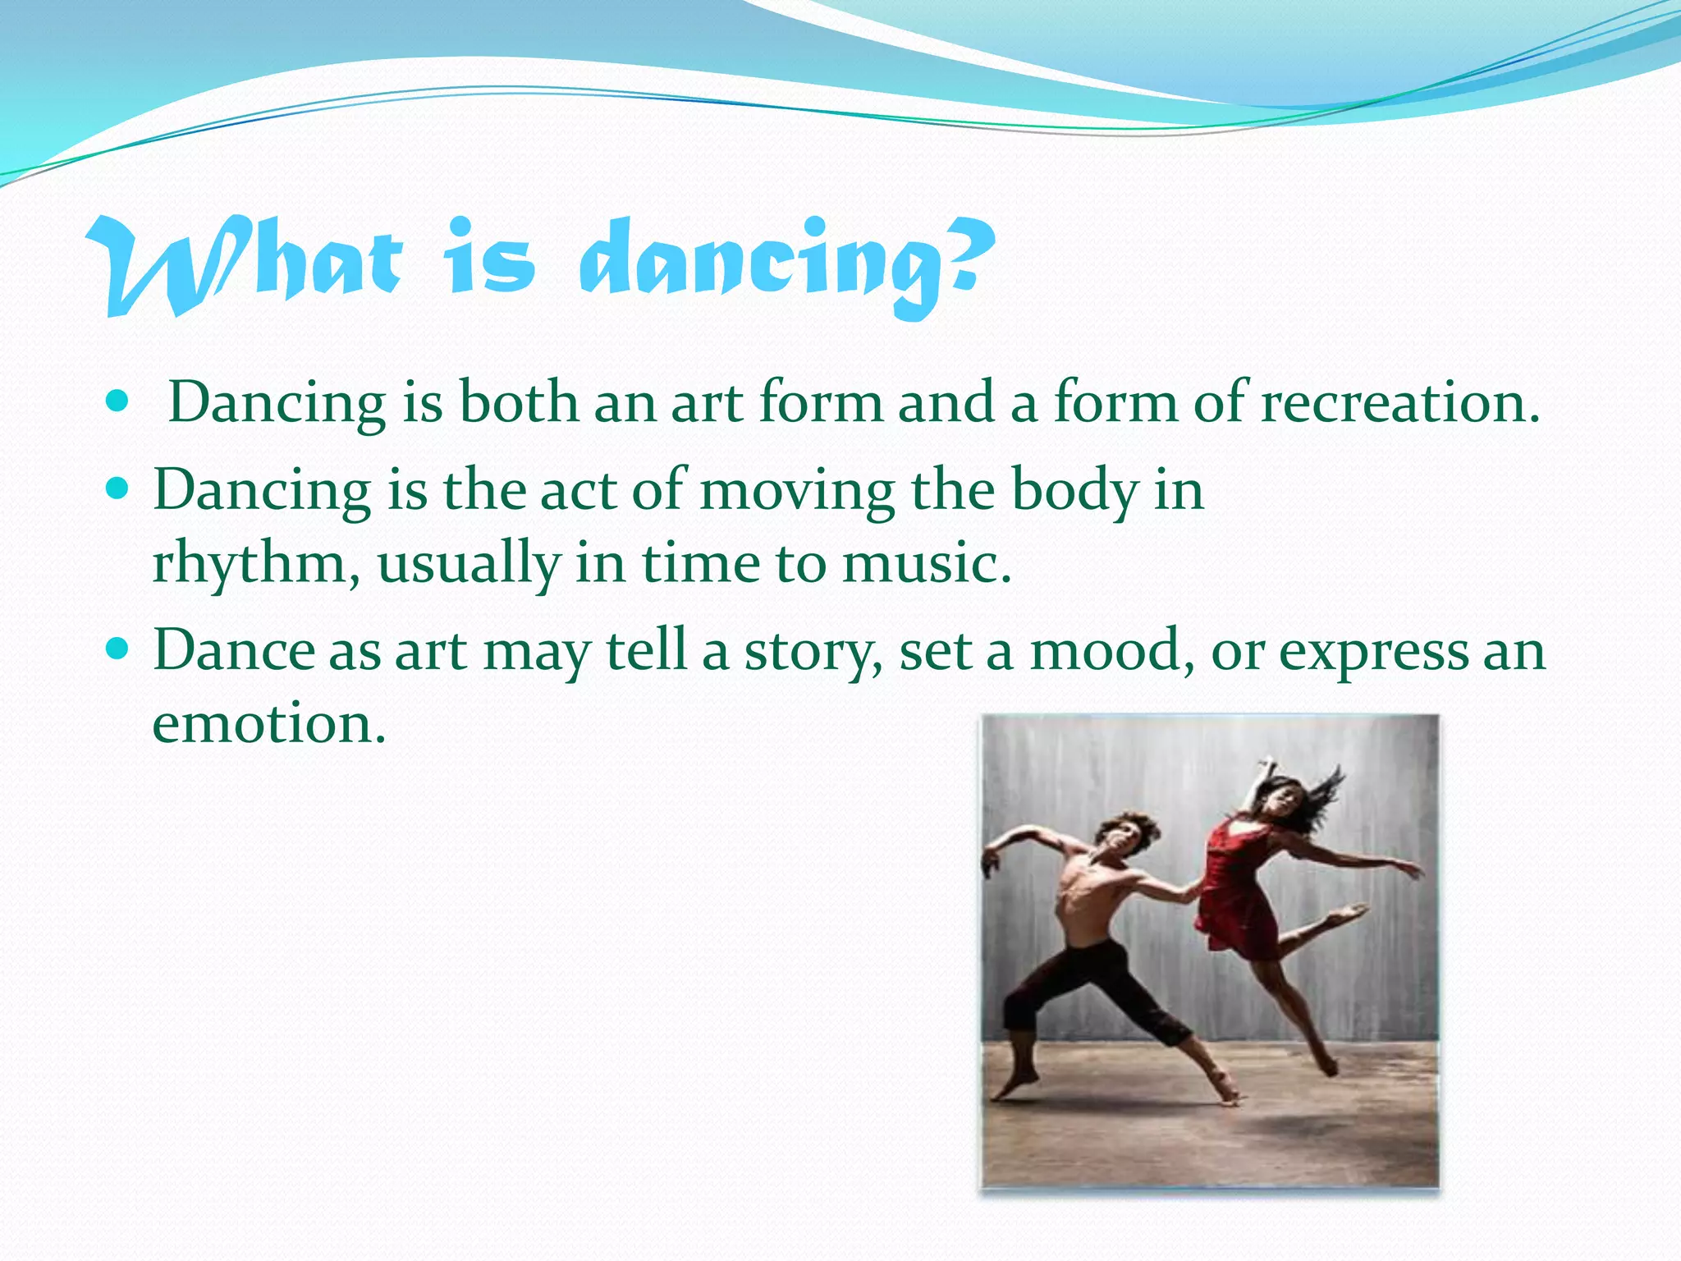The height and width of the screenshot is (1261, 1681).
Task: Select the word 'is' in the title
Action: [490, 261]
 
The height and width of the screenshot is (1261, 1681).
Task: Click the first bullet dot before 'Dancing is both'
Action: [118, 401]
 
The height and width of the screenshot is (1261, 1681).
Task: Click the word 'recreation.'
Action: [1399, 402]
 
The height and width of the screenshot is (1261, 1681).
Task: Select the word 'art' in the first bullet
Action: [707, 402]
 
